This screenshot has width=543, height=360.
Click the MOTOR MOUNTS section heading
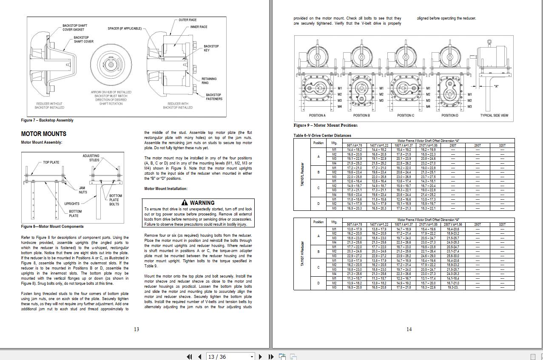pyautogui.click(x=43, y=134)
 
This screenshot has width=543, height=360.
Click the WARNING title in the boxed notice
pyautogui.click(x=198, y=203)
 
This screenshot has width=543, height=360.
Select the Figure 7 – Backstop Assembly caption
pyautogui.click(x=47, y=120)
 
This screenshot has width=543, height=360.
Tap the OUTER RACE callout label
pyautogui.click(x=188, y=20)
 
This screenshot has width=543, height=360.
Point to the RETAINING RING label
pyautogui.click(x=209, y=81)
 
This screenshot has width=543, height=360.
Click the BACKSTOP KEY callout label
pyautogui.click(x=211, y=48)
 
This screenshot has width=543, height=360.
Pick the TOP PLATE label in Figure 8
pyautogui.click(x=51, y=162)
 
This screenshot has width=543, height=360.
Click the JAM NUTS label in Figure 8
pyautogui.click(x=82, y=190)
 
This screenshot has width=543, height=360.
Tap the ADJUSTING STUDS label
pyautogui.click(x=91, y=158)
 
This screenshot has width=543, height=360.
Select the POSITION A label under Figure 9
pyautogui.click(x=317, y=116)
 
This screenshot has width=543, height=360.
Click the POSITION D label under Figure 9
pyautogui.click(x=449, y=116)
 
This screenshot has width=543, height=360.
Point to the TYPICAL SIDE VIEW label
pyautogui.click(x=494, y=116)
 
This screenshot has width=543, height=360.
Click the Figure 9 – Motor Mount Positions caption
pyautogui.click(x=325, y=125)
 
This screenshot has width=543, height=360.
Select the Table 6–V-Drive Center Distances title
pyautogui.click(x=322, y=136)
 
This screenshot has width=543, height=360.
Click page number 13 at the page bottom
pyautogui.click(x=136, y=329)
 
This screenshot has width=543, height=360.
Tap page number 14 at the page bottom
pyautogui.click(x=409, y=329)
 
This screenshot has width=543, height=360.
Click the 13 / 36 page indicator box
pyautogui.click(x=230, y=357)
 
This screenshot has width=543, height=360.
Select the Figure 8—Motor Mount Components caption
pyautogui.click(x=52, y=227)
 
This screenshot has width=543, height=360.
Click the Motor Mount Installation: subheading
pyautogui.click(x=166, y=189)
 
